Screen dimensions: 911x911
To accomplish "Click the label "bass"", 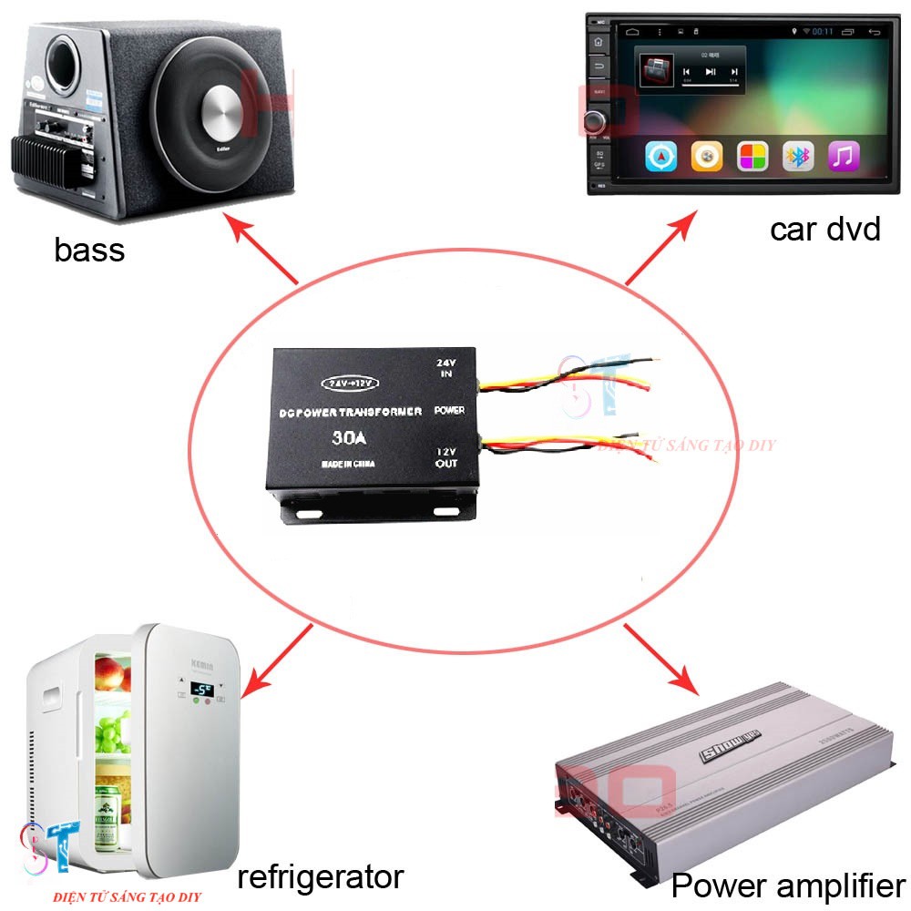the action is pos(89,249).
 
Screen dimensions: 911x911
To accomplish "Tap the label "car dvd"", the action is pos(824,228).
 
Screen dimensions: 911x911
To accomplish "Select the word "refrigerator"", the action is pos(320,876).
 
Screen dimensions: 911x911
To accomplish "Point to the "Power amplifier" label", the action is pos(788,885).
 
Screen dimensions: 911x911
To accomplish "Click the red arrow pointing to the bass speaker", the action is pos(263,250).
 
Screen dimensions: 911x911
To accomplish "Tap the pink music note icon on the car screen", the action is pos(844,157).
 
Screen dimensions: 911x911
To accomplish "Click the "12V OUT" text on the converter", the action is pos(446,458).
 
